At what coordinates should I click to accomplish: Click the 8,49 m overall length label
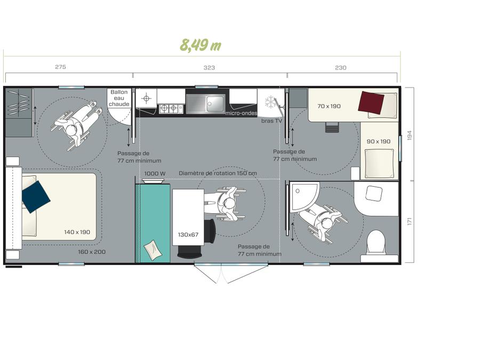(200, 45)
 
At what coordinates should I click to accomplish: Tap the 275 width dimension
(60, 67)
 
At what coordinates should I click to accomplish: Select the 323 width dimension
(209, 68)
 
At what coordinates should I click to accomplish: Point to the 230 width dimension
(340, 68)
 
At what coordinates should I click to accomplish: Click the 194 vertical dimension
(410, 135)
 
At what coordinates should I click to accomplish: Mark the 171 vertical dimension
(410, 221)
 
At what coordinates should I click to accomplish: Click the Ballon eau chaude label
(119, 98)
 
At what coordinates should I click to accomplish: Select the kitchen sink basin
(215, 103)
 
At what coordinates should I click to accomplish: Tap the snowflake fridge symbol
(270, 102)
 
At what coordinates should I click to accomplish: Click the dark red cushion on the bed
(371, 102)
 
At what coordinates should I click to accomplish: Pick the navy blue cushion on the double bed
(36, 196)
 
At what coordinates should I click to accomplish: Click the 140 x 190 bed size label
(77, 232)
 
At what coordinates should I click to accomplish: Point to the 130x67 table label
(188, 235)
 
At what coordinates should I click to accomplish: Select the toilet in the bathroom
(376, 243)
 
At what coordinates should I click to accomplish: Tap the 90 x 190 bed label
(378, 141)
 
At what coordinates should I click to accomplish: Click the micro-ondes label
(241, 113)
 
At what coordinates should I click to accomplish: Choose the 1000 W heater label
(155, 173)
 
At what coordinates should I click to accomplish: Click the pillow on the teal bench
(153, 250)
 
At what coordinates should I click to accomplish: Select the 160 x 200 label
(92, 252)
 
